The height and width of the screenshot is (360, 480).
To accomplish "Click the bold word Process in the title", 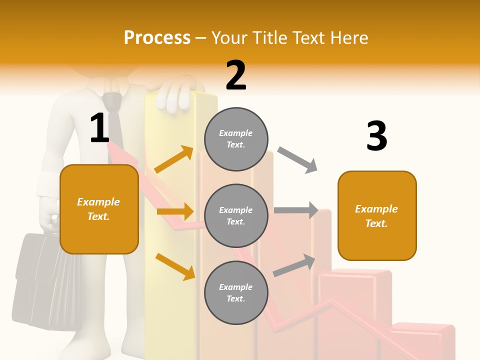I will (157, 38).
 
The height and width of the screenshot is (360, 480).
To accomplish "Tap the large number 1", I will (99, 128).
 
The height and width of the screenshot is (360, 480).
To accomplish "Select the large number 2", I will (236, 75).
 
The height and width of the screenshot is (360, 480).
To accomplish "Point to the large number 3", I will (376, 136).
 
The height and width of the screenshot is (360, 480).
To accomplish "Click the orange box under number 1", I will (99, 209).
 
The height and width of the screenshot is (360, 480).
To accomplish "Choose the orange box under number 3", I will (377, 215).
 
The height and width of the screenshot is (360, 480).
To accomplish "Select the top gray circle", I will (236, 139).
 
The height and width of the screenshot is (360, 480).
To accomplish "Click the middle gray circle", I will (236, 215).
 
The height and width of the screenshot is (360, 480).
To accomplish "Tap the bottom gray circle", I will (236, 292).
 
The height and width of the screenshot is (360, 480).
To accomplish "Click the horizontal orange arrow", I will (175, 211).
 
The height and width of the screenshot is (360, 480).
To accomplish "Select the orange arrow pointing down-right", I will (175, 266).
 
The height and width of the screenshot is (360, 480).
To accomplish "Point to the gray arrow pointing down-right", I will (297, 160).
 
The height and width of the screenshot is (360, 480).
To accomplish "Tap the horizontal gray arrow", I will (296, 210).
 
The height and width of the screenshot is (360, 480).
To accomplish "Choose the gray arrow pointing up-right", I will (294, 265).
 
